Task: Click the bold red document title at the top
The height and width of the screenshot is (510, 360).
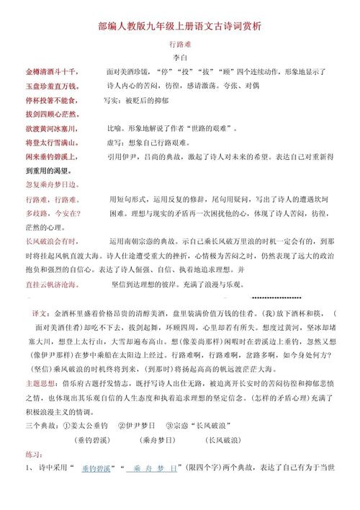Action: pos(180,25)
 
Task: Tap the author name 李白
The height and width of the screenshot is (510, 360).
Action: pos(180,59)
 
